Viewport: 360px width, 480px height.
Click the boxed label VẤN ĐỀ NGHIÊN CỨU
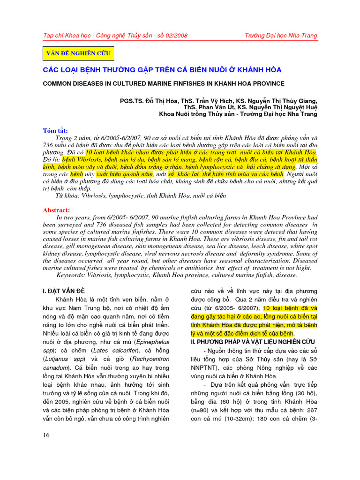78,53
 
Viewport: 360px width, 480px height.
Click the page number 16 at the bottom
46,435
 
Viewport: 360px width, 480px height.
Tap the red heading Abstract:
57,210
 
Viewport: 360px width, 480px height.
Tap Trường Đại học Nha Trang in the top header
281,36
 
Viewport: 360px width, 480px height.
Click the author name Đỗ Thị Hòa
159,100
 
